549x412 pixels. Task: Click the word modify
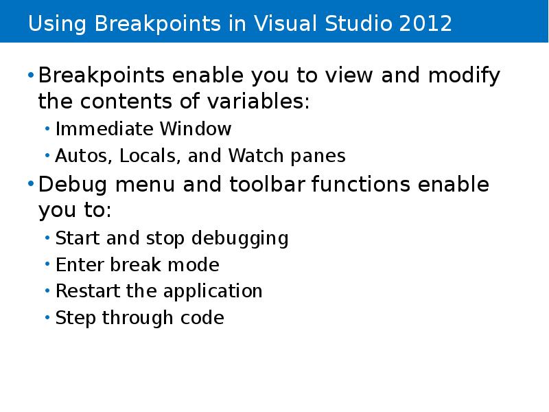465,76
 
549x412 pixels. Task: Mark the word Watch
250,156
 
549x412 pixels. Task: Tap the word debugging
240,238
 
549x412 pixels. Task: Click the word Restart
88,291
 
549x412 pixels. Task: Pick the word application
213,292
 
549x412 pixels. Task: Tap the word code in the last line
205,318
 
